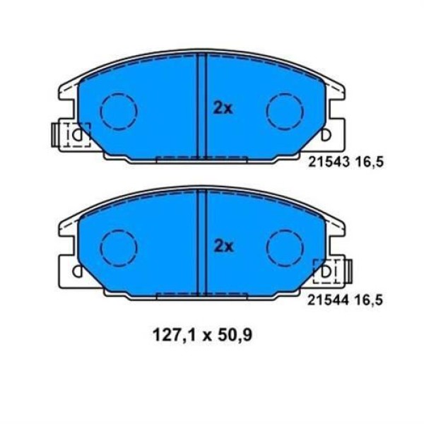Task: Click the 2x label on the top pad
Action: pyautogui.click(x=223, y=108)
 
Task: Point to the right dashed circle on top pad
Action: pyautogui.click(x=284, y=110)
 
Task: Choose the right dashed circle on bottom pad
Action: pyautogui.click(x=284, y=248)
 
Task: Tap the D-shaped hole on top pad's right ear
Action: pyautogui.click(x=326, y=133)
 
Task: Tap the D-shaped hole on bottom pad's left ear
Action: pyautogui.click(x=76, y=271)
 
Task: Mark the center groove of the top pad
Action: pyautogui.click(x=201, y=106)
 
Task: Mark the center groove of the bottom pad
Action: pyautogui.click(x=201, y=244)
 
